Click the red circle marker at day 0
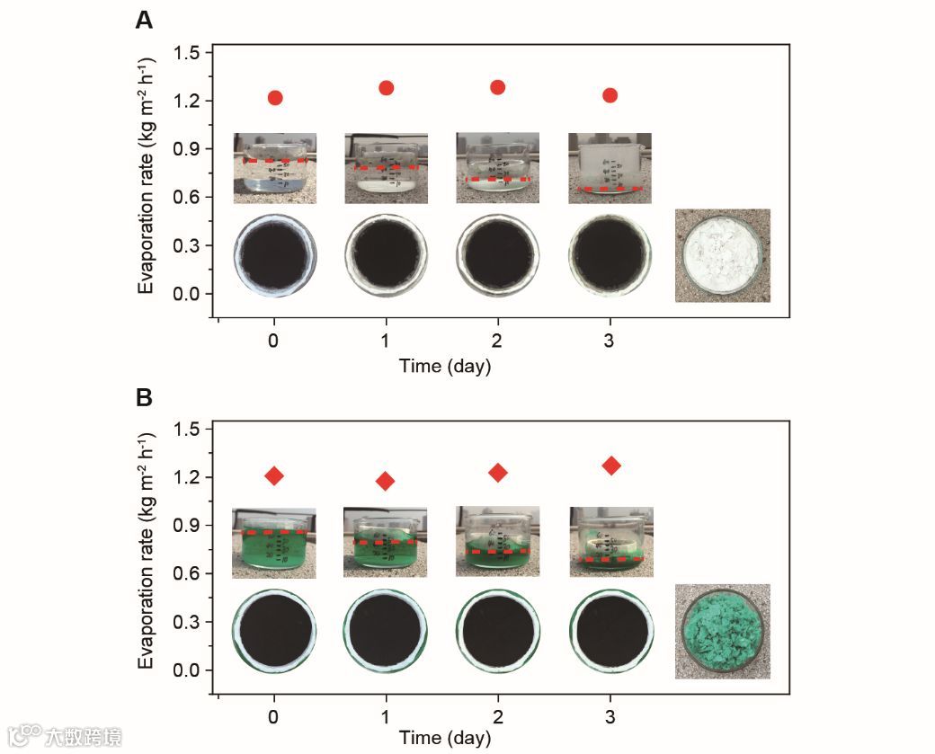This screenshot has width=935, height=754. (275, 97)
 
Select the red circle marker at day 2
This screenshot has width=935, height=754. (498, 87)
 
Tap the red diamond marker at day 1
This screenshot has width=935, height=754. (386, 481)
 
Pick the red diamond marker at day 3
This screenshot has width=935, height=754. (611, 466)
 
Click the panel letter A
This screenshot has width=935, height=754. (144, 20)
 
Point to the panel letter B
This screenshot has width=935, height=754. (144, 397)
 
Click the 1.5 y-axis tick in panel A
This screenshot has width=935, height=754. (188, 52)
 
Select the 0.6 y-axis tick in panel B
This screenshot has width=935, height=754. (188, 573)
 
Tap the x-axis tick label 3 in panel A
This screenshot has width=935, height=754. (610, 342)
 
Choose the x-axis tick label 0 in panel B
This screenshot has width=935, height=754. (274, 719)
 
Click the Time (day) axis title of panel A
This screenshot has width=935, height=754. (445, 366)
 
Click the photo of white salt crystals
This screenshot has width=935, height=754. (722, 255)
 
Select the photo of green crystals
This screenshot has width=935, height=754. (722, 631)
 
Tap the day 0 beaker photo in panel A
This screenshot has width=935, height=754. (275, 168)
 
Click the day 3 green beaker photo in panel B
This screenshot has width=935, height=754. (611, 541)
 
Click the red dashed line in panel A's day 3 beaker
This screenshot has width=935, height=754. (610, 190)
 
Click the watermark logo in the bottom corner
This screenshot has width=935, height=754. (63, 736)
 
